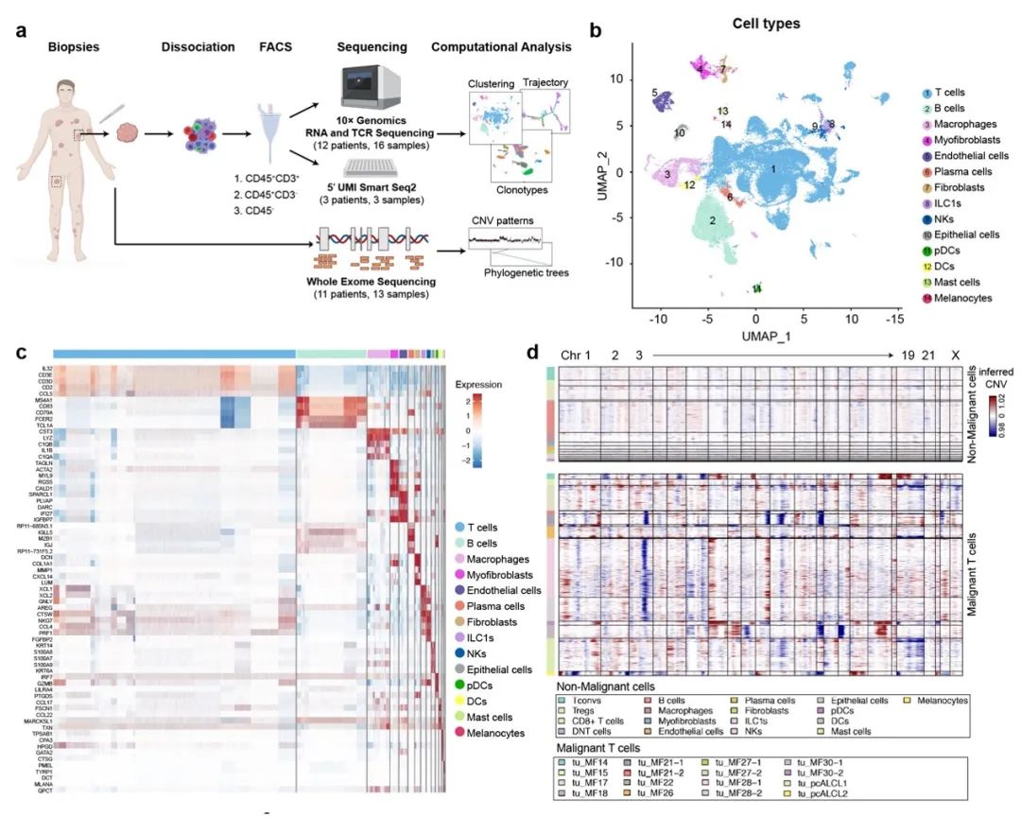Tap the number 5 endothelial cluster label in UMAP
click(x=654, y=93)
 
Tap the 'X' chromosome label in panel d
click(x=956, y=355)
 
